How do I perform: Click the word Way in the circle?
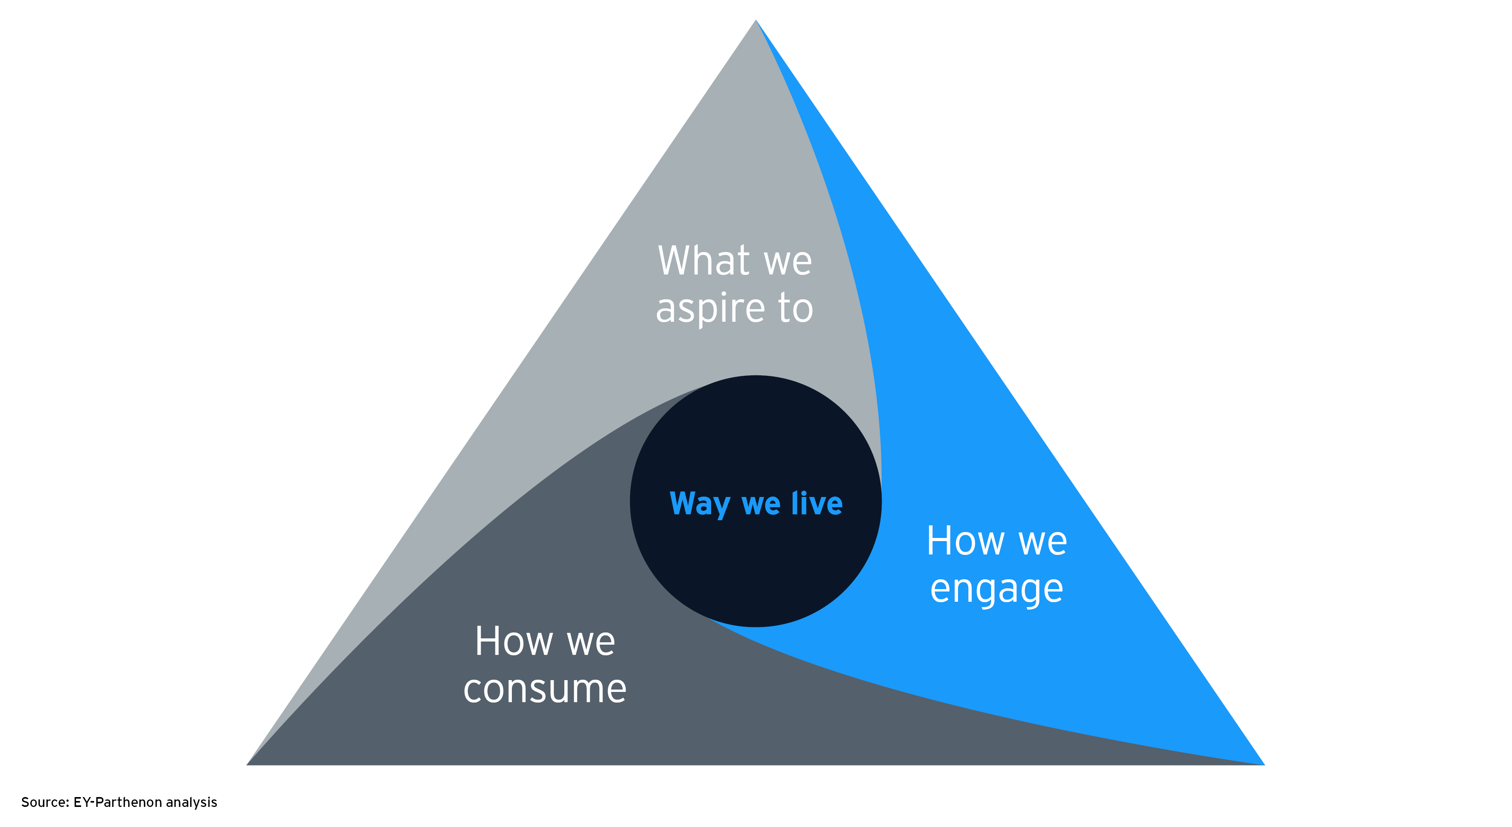pyautogui.click(x=700, y=504)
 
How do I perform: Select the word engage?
pyautogui.click(x=997, y=589)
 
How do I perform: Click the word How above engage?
pyautogui.click(x=965, y=541)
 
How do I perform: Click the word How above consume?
pyautogui.click(x=513, y=641)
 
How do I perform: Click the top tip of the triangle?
pyautogui.click(x=756, y=21)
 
